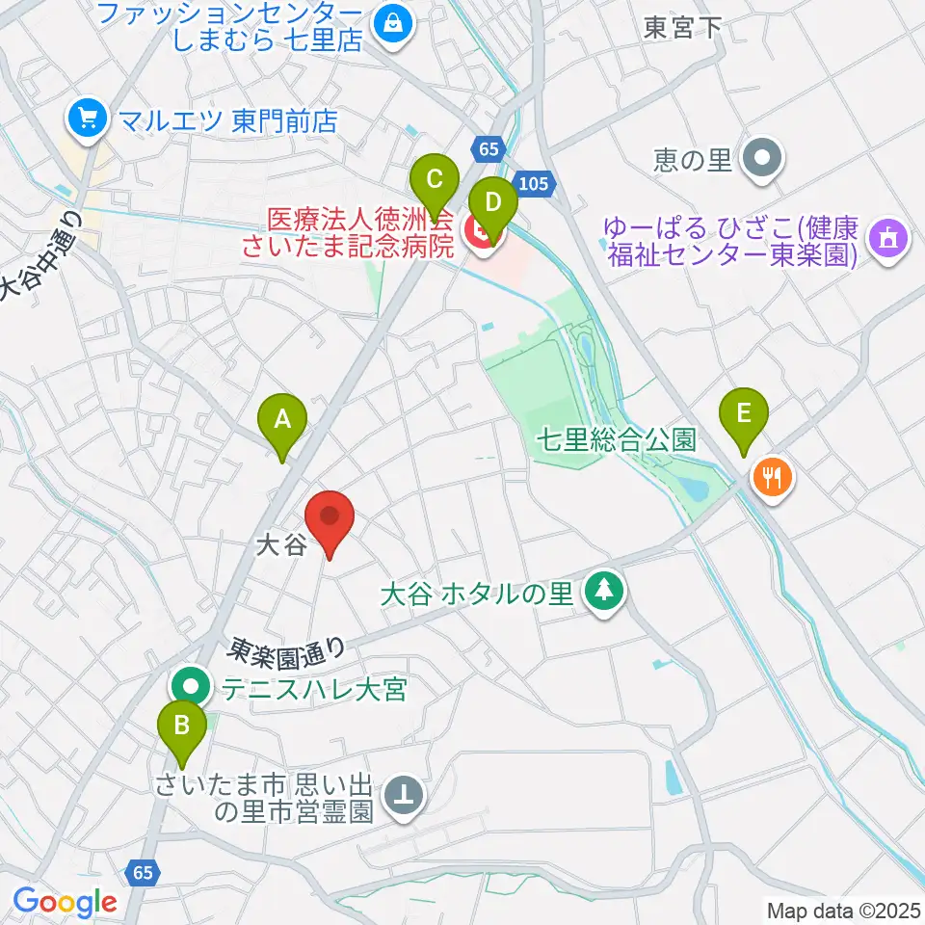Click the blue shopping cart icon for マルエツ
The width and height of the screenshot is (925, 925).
[x=87, y=119]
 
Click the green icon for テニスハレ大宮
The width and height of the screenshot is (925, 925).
[x=192, y=689]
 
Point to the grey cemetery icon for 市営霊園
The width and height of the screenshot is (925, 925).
[x=403, y=796]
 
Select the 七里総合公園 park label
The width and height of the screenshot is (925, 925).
[x=618, y=441]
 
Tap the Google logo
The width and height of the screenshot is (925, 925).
[x=66, y=902]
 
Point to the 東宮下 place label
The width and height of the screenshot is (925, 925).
[x=684, y=27]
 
